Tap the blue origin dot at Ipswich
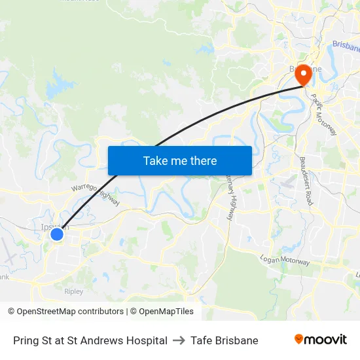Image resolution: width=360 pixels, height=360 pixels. [x=57, y=234]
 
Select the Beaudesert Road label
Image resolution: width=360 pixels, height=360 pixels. [x=306, y=181]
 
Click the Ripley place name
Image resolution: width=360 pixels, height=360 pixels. [x=74, y=291]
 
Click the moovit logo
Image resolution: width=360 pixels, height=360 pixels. [x=321, y=340]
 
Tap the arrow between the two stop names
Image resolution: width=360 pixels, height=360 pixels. [x=179, y=340]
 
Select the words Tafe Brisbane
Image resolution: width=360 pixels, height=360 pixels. [x=225, y=340]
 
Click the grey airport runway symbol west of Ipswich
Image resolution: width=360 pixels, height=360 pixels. [x=9, y=251]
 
